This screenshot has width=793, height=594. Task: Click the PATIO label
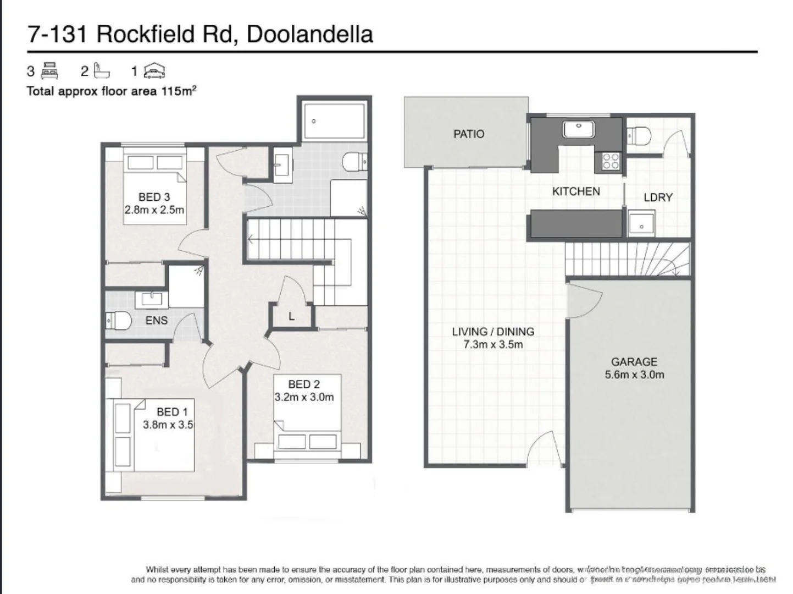click(468, 134)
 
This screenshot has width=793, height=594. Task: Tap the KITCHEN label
click(575, 191)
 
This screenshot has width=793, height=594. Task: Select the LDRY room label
click(658, 197)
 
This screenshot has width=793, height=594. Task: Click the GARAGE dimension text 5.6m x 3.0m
click(634, 375)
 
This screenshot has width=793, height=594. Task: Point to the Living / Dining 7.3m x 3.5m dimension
click(493, 345)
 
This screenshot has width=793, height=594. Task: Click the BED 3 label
click(154, 197)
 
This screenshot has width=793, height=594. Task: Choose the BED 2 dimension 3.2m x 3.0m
click(304, 397)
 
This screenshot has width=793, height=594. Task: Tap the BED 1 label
click(172, 411)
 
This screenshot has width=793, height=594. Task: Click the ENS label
click(156, 320)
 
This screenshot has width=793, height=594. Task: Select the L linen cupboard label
click(291, 316)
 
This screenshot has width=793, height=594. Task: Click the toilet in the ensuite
click(118, 320)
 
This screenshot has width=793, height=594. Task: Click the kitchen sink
click(578, 129)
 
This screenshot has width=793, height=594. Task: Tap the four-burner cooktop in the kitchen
click(611, 161)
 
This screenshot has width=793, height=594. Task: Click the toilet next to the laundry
click(637, 134)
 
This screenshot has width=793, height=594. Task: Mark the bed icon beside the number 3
click(49, 71)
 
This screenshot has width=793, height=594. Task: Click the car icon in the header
click(154, 71)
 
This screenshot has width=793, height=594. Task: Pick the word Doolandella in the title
click(309, 34)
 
